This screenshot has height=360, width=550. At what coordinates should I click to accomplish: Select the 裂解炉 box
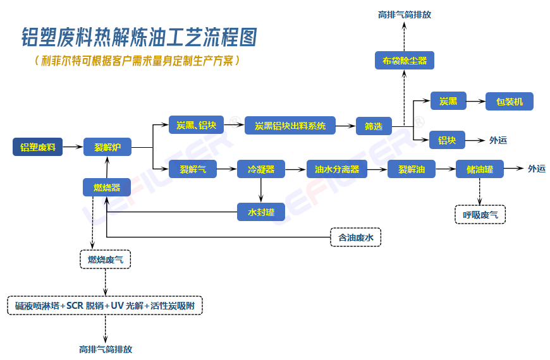[112, 148]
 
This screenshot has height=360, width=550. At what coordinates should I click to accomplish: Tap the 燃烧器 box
[107, 187]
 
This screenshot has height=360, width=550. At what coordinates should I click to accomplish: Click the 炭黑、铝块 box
[196, 125]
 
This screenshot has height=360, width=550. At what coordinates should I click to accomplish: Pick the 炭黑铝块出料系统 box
[290, 126]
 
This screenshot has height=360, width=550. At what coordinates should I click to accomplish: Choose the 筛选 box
[373, 126]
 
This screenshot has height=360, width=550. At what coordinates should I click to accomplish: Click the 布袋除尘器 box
[405, 61]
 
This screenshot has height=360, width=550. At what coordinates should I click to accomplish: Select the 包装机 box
[509, 101]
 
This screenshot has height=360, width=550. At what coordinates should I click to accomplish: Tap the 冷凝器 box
[260, 169]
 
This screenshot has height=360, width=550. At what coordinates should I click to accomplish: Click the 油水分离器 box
[336, 169]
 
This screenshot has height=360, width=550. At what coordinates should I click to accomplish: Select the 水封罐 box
[260, 212]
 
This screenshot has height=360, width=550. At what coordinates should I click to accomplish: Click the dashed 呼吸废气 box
[480, 215]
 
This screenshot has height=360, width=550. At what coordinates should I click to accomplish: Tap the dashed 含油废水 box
[356, 237]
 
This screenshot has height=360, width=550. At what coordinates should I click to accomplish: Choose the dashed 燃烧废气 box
[105, 259]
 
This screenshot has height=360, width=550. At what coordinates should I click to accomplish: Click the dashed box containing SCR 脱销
[105, 306]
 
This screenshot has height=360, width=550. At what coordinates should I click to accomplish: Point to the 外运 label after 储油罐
[537, 169]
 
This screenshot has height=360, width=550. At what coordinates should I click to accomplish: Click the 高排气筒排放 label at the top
[405, 14]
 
